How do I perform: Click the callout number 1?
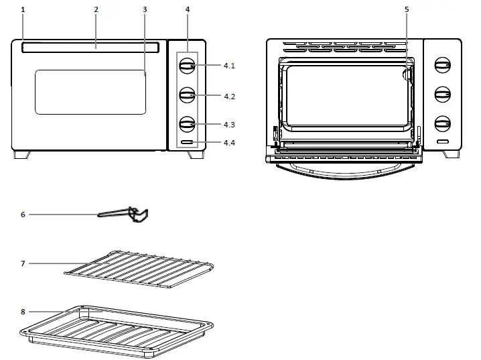coord(23,9)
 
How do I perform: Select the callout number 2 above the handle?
coord(96,9)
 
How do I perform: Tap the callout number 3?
coord(145,9)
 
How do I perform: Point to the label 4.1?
coord(229,66)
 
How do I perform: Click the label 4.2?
coord(229,97)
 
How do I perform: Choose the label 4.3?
coord(229,125)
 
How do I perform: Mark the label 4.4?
coord(229,143)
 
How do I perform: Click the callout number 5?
coord(406,9)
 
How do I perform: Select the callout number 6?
coord(23,215)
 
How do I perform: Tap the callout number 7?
coord(23,263)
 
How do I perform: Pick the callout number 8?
coord(23,312)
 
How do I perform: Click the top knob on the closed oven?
coord(187,66)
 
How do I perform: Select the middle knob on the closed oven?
coord(187,96)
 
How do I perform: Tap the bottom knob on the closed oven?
coord(187,125)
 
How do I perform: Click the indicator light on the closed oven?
coord(187,143)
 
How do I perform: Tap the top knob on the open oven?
coord(442,66)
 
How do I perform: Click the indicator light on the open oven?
coord(442,142)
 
